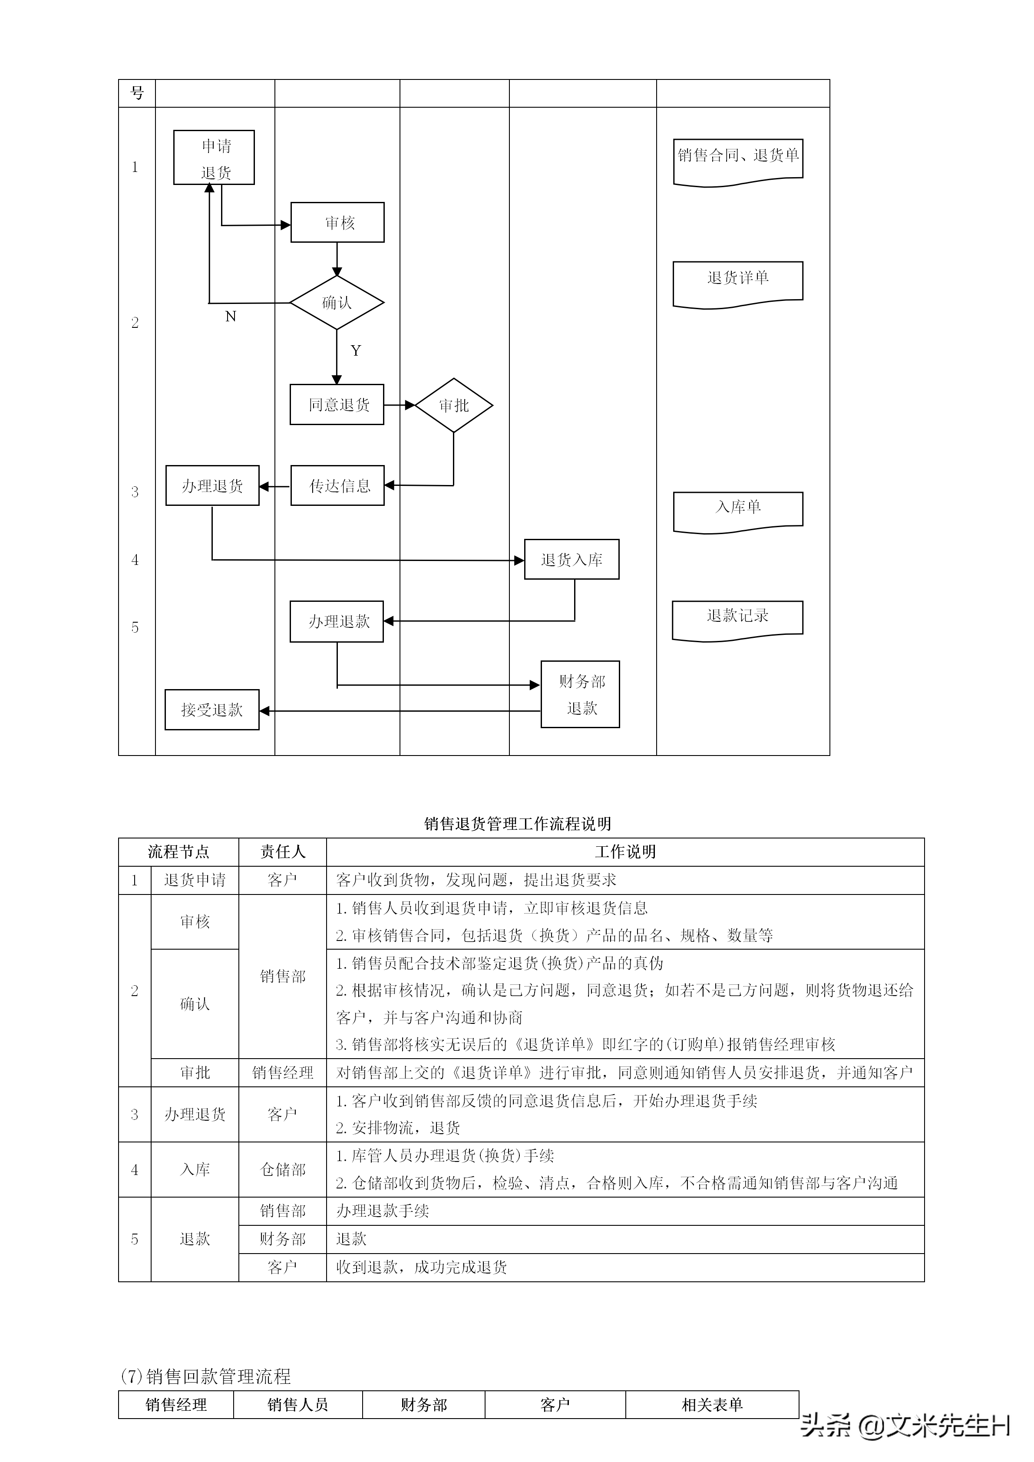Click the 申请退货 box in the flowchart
(x=214, y=158)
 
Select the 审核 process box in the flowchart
(x=337, y=222)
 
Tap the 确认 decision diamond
(x=337, y=303)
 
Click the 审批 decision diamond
(x=453, y=405)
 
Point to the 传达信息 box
(x=337, y=486)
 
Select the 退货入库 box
(x=571, y=560)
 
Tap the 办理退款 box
(x=337, y=621)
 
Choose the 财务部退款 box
(x=580, y=694)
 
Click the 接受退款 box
(x=212, y=710)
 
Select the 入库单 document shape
(x=738, y=510)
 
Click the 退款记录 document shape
(x=737, y=618)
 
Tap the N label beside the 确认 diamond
(x=231, y=317)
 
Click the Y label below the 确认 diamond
(x=356, y=351)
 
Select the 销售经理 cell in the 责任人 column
(x=283, y=1073)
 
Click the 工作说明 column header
(x=624, y=852)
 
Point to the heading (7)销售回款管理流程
(x=206, y=1376)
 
